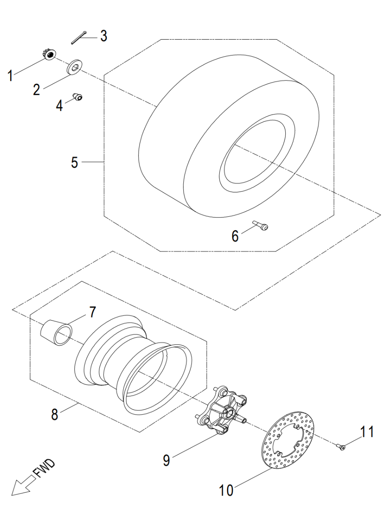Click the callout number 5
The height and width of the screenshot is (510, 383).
click(75, 162)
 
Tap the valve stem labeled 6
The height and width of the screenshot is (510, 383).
click(260, 226)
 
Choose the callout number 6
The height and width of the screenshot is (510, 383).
click(235, 235)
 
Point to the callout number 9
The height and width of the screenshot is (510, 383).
click(166, 460)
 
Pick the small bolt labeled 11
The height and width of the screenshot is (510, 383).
click(342, 447)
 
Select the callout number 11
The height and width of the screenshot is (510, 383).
click(366, 432)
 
